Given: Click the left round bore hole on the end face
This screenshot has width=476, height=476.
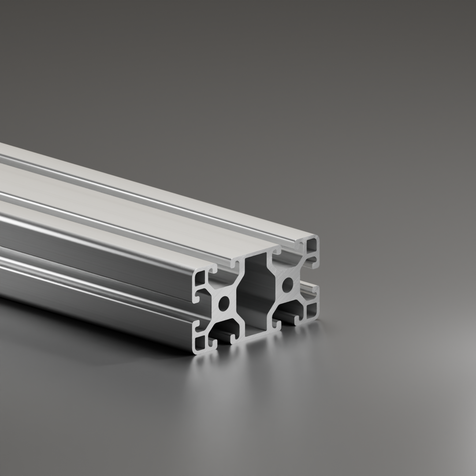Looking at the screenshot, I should [224, 303].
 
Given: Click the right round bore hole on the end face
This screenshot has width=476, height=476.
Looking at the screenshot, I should [287, 284].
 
